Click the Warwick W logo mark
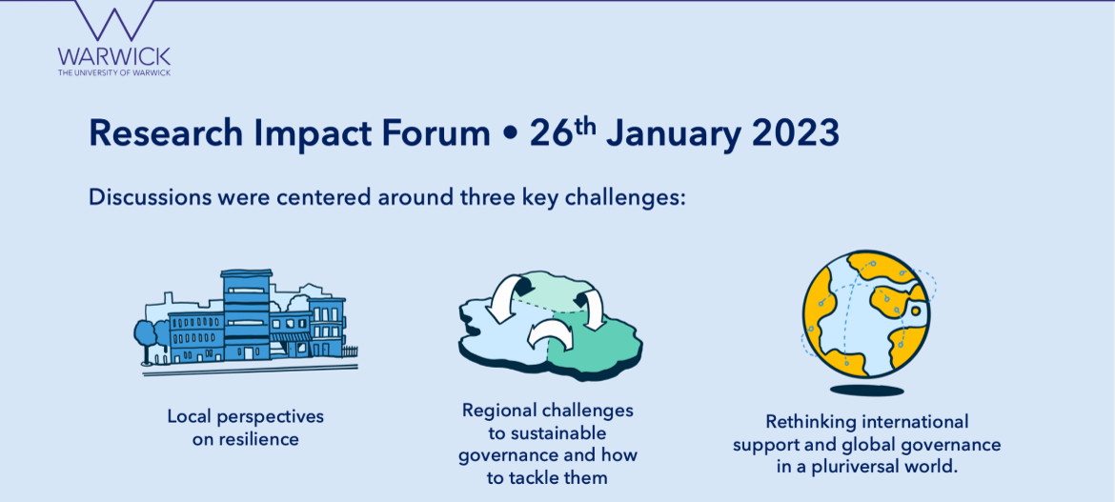click(114, 20)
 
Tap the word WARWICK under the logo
click(114, 56)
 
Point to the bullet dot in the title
click(509, 135)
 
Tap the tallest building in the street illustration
click(246, 315)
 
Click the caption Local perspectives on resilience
click(245, 428)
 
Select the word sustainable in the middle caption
click(557, 433)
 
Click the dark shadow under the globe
click(867, 391)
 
